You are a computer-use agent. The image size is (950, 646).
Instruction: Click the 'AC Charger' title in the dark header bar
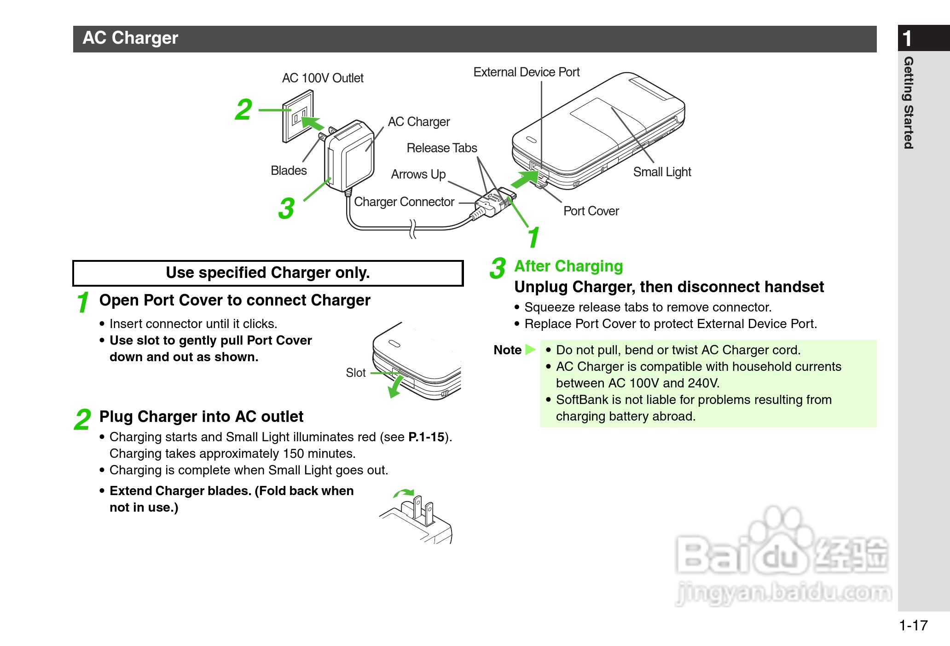(x=130, y=38)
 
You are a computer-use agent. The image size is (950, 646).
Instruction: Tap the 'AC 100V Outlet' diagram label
(x=323, y=78)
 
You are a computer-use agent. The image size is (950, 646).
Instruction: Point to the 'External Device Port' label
(x=526, y=72)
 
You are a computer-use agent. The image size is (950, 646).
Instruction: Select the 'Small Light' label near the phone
(x=662, y=172)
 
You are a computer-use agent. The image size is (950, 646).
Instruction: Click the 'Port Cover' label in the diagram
(x=591, y=211)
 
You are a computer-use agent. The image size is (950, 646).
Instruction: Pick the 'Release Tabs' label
(x=442, y=148)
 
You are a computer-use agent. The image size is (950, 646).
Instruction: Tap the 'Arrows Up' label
(x=418, y=174)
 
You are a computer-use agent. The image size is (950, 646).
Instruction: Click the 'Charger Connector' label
(x=404, y=202)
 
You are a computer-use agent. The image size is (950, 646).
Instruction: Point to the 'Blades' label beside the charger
(x=289, y=171)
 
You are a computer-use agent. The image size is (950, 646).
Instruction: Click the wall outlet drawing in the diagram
(x=297, y=116)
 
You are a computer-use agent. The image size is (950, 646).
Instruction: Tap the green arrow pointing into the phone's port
(x=525, y=179)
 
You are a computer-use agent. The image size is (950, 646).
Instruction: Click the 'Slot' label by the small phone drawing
(x=356, y=373)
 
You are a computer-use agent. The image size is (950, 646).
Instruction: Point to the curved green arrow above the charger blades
(x=404, y=493)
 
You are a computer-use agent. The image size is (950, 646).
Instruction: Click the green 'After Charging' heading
(x=568, y=266)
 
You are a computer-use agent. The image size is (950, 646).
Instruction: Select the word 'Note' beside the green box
(x=507, y=350)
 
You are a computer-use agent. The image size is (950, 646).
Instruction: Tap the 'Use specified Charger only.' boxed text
(x=268, y=273)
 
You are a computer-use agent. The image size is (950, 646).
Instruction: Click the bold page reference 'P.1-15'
(x=426, y=437)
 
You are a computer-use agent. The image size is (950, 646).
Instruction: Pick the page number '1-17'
(x=913, y=625)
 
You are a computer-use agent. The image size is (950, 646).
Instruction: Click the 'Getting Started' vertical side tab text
(x=908, y=103)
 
